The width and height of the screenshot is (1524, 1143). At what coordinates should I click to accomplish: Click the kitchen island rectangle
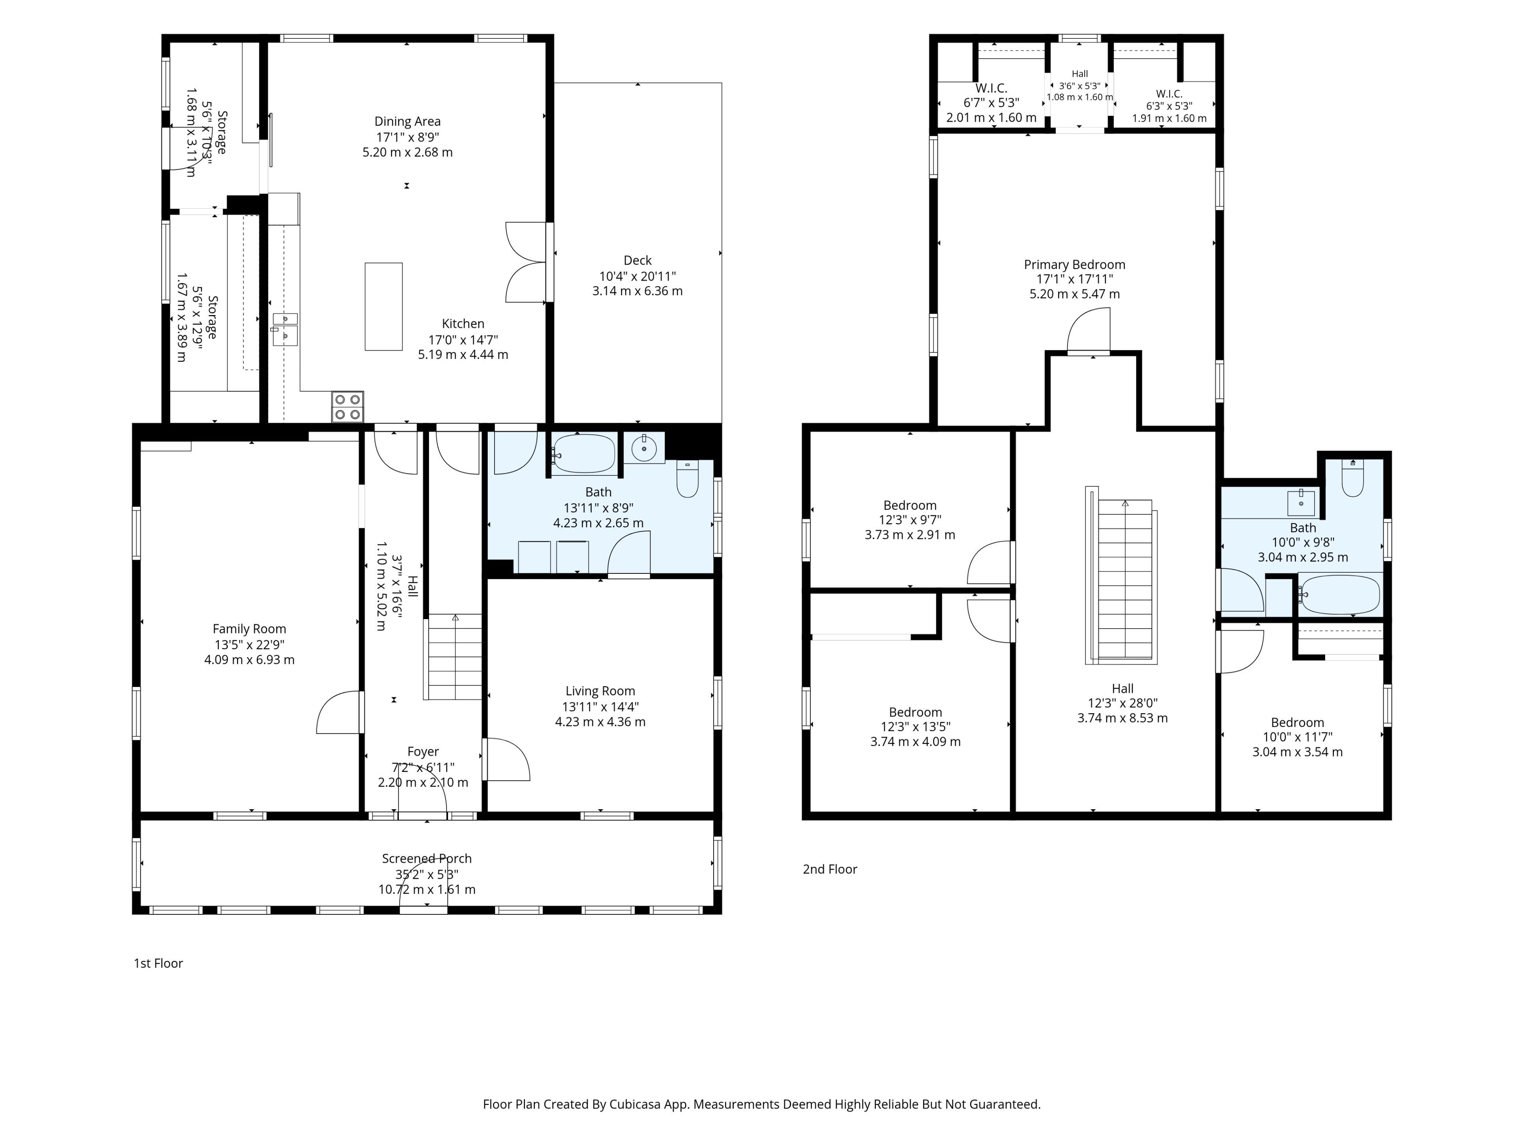tap(384, 307)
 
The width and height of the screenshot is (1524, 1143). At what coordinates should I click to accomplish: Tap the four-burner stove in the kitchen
tap(347, 406)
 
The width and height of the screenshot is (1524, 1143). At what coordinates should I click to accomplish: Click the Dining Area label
tap(407, 122)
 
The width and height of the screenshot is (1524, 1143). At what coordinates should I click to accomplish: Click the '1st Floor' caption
tap(158, 963)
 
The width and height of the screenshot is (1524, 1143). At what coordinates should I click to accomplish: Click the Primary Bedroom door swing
tap(1089, 330)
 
